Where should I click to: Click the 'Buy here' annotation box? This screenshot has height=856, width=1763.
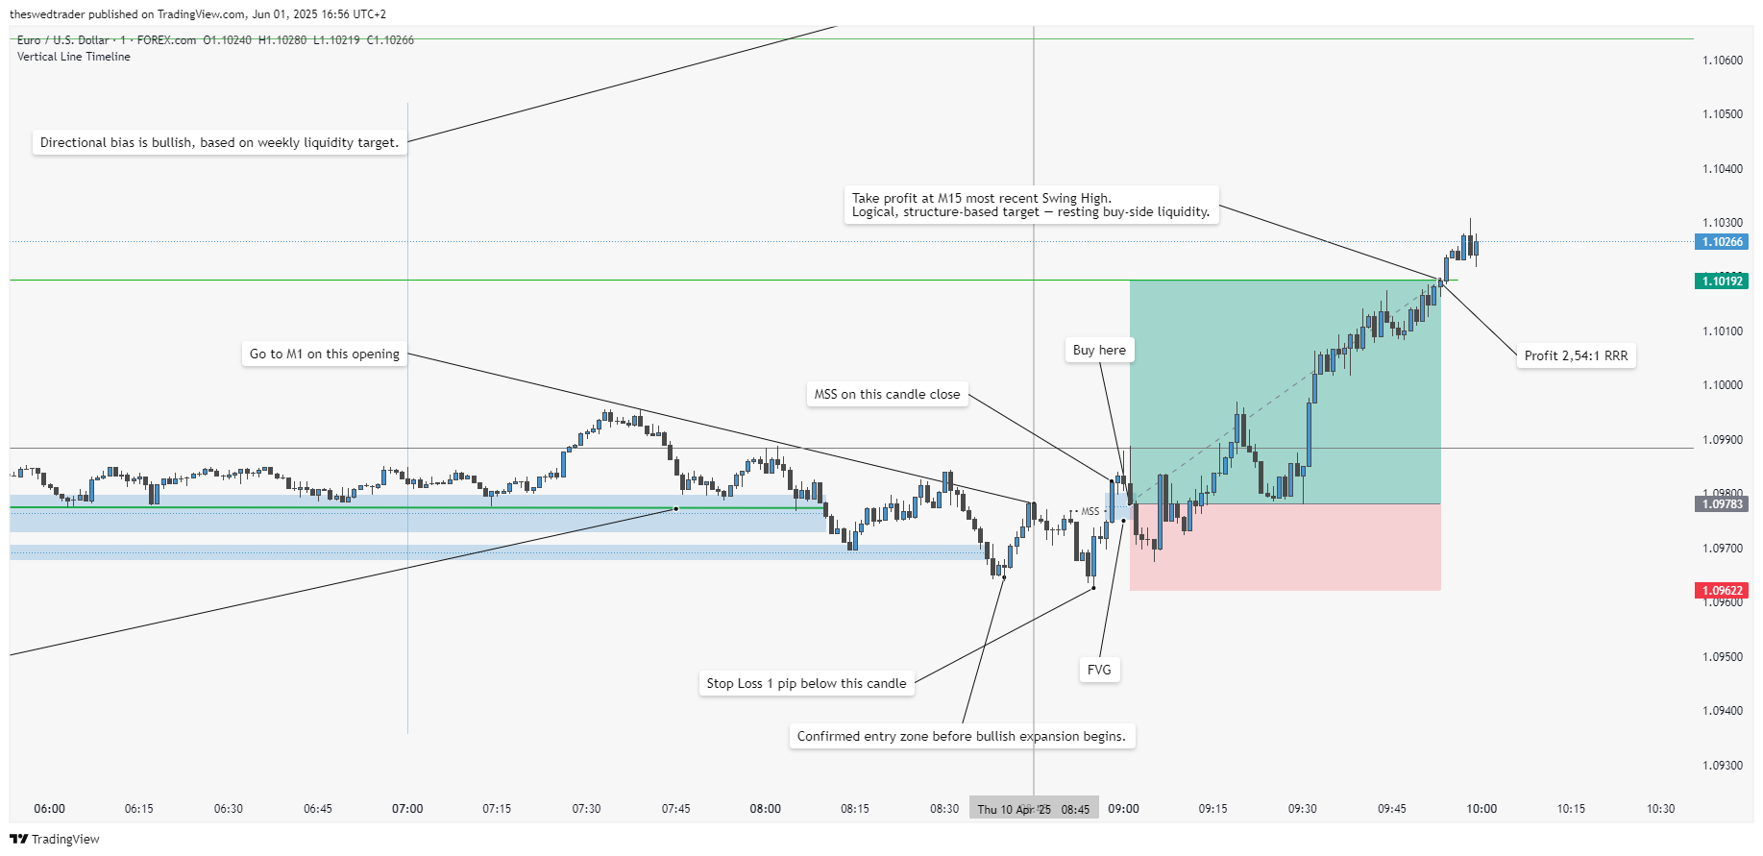tap(1099, 351)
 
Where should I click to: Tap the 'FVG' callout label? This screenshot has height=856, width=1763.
tap(1099, 670)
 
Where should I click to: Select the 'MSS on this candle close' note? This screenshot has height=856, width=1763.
tap(887, 394)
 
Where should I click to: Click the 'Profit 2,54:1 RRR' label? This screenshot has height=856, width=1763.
tap(1576, 355)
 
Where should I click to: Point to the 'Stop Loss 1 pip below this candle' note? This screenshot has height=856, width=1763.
tap(806, 683)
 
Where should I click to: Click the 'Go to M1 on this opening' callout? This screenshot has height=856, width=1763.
tap(325, 354)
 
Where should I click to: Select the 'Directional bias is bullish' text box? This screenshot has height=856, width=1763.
tap(219, 142)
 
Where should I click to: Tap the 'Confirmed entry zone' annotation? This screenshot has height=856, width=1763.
tap(961, 736)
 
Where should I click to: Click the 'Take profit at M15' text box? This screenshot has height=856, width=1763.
tap(1031, 205)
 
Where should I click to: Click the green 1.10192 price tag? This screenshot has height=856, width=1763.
tap(1722, 281)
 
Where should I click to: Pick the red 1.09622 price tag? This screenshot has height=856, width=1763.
tap(1722, 591)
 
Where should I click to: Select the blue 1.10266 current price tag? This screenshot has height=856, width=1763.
tap(1722, 242)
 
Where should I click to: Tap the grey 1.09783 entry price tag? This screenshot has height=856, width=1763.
tap(1722, 504)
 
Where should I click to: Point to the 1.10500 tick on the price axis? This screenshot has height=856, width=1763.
tap(1722, 114)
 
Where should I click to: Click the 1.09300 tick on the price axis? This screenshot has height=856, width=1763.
tap(1722, 766)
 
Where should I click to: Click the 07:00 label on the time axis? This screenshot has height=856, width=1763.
tap(407, 809)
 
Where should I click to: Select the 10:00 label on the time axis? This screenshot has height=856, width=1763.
tap(1481, 809)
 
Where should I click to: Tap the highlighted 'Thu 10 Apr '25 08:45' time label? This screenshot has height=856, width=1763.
tap(1034, 809)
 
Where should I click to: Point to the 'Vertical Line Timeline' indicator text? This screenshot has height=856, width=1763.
tap(74, 57)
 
